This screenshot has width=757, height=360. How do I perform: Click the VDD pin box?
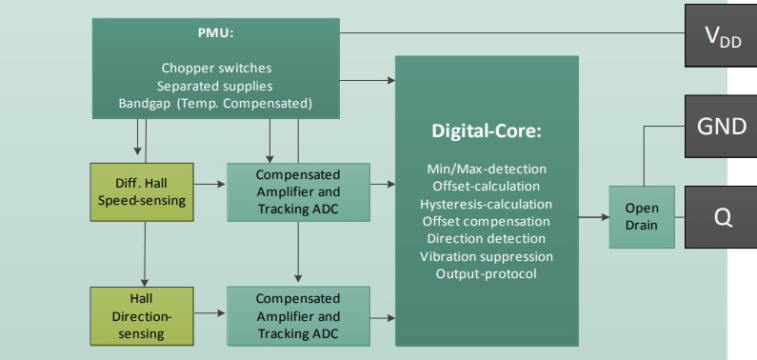(721, 37)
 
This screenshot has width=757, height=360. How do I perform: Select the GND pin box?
(721, 126)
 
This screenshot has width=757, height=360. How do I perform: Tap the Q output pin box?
(721, 216)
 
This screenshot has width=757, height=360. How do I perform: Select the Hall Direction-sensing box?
(143, 313)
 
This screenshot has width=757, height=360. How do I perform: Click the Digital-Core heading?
(487, 130)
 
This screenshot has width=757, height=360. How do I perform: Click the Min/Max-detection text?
(487, 169)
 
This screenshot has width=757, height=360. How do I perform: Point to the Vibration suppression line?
(487, 256)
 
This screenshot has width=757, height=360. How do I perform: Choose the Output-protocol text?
(487, 274)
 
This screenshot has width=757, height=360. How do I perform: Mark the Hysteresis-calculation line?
(487, 204)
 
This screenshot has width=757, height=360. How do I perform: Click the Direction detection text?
(487, 239)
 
